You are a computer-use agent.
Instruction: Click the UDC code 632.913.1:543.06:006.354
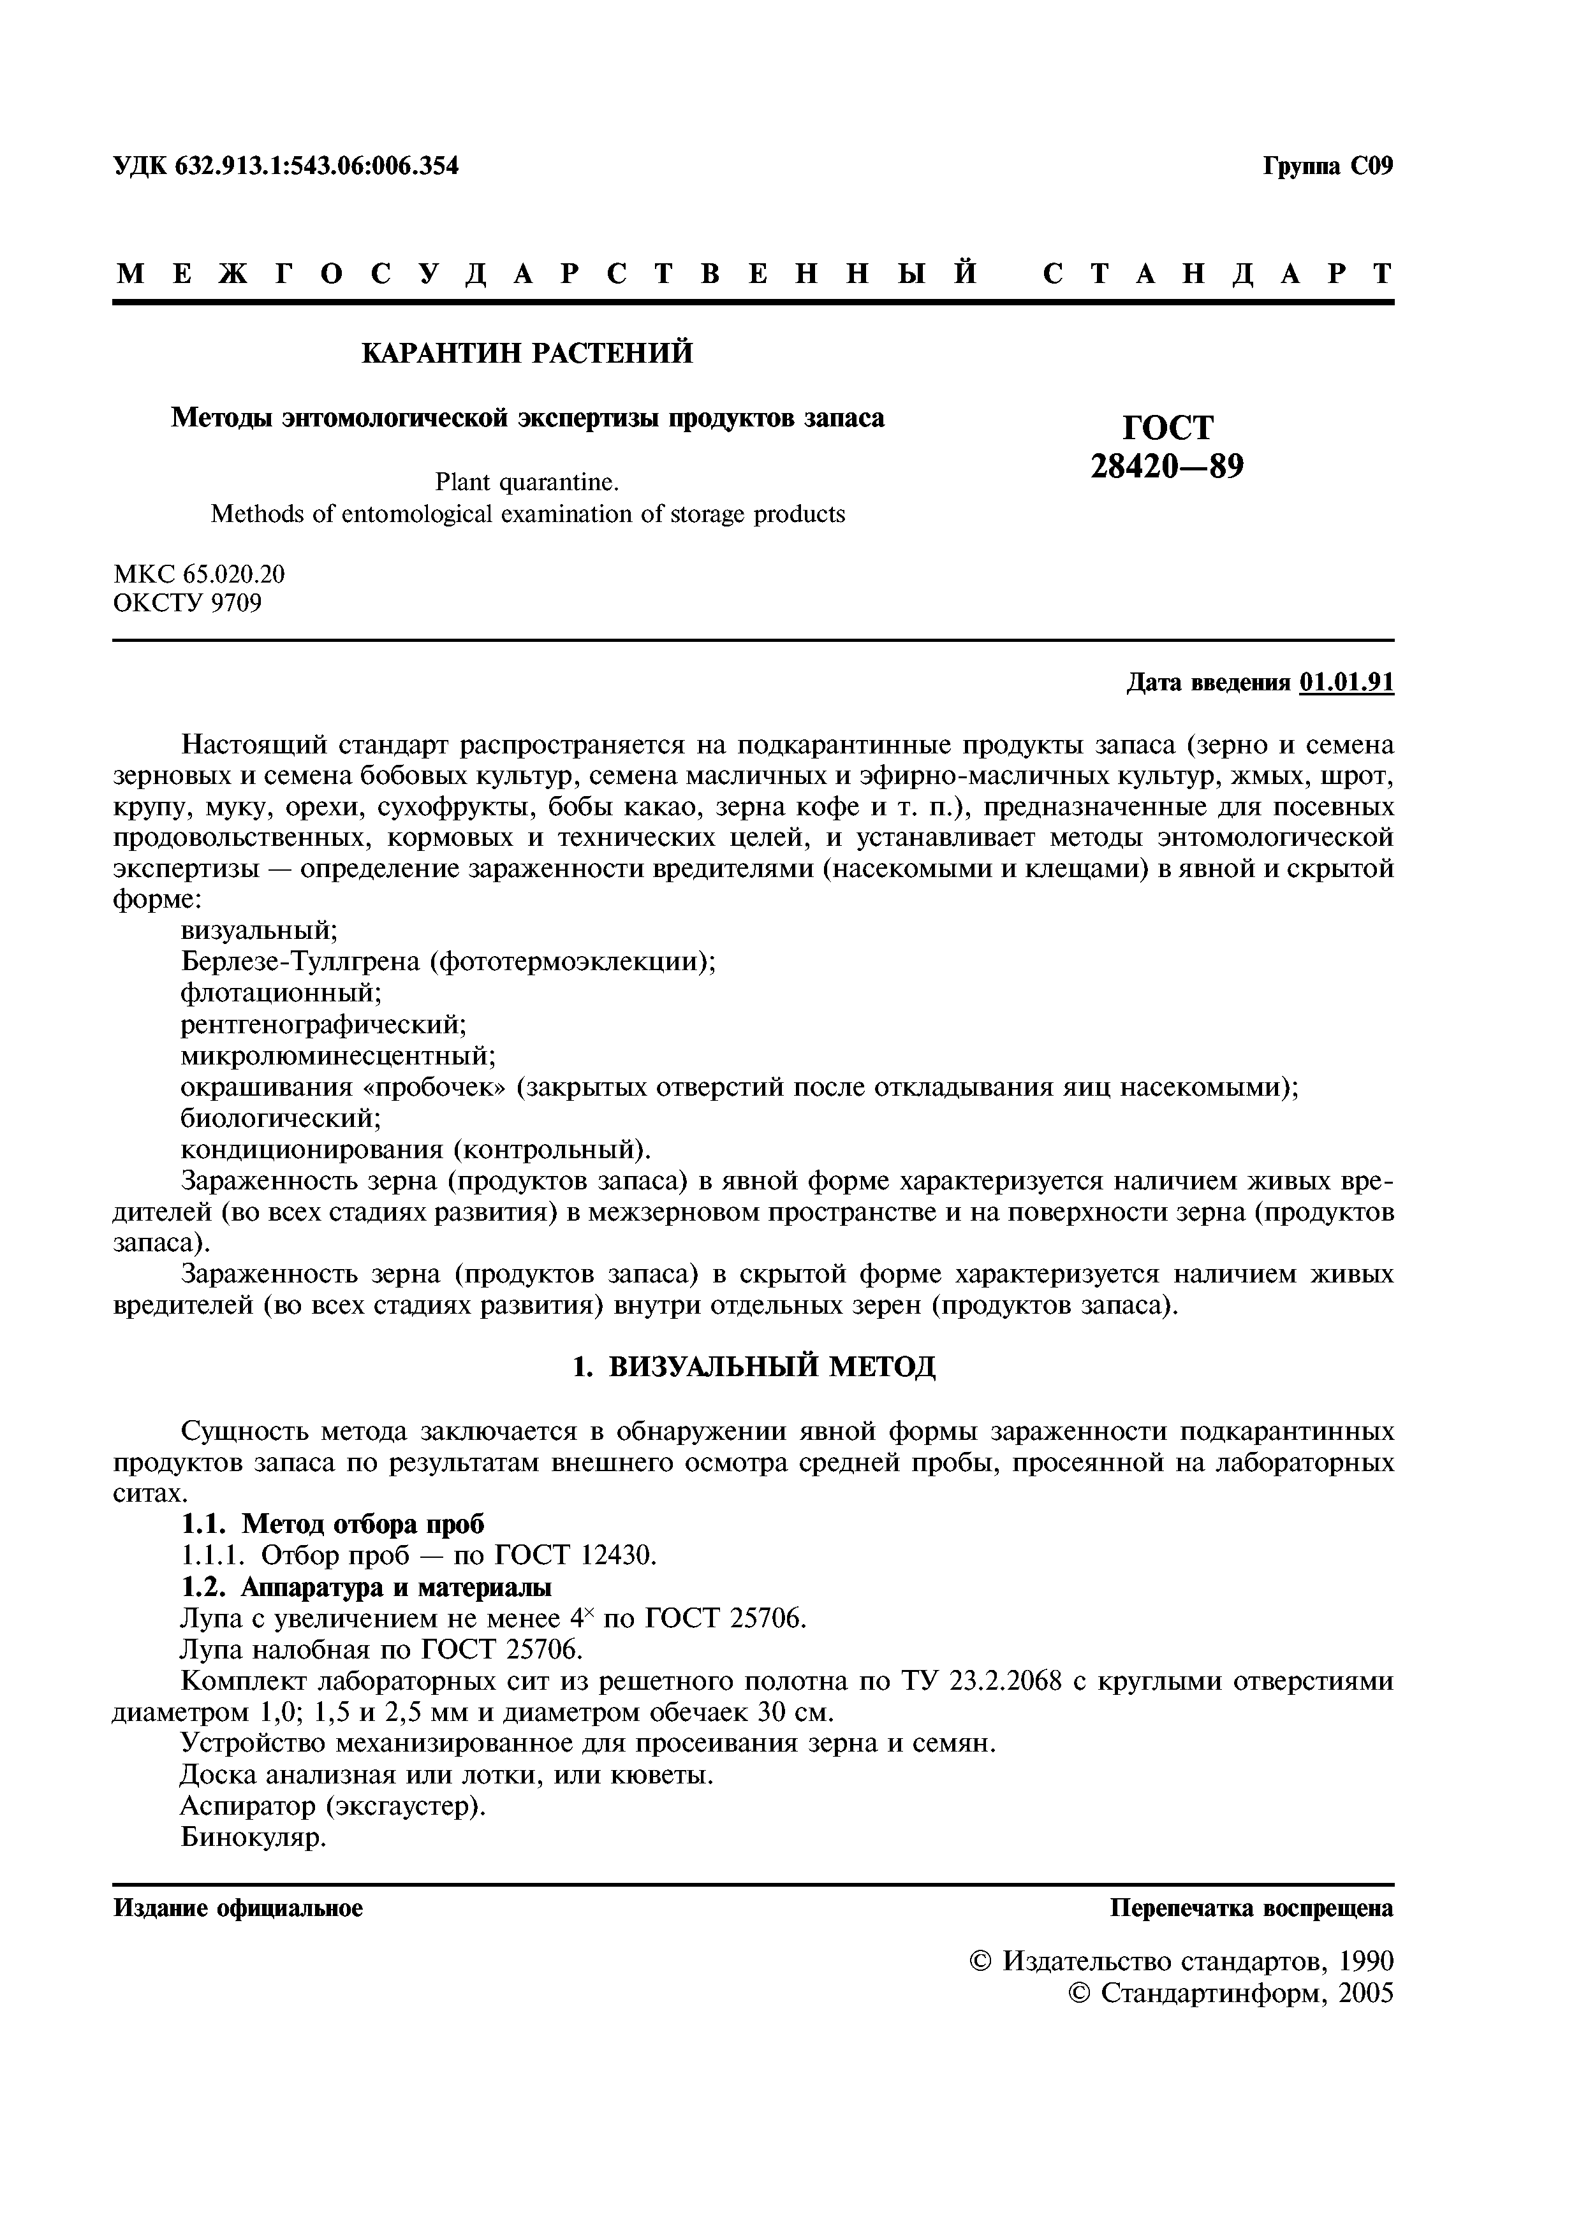click(x=316, y=166)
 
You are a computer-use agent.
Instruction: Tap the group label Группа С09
click(x=1328, y=166)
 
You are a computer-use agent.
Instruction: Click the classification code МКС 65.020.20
click(x=200, y=574)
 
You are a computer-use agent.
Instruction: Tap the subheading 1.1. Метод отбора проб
click(x=333, y=1524)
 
